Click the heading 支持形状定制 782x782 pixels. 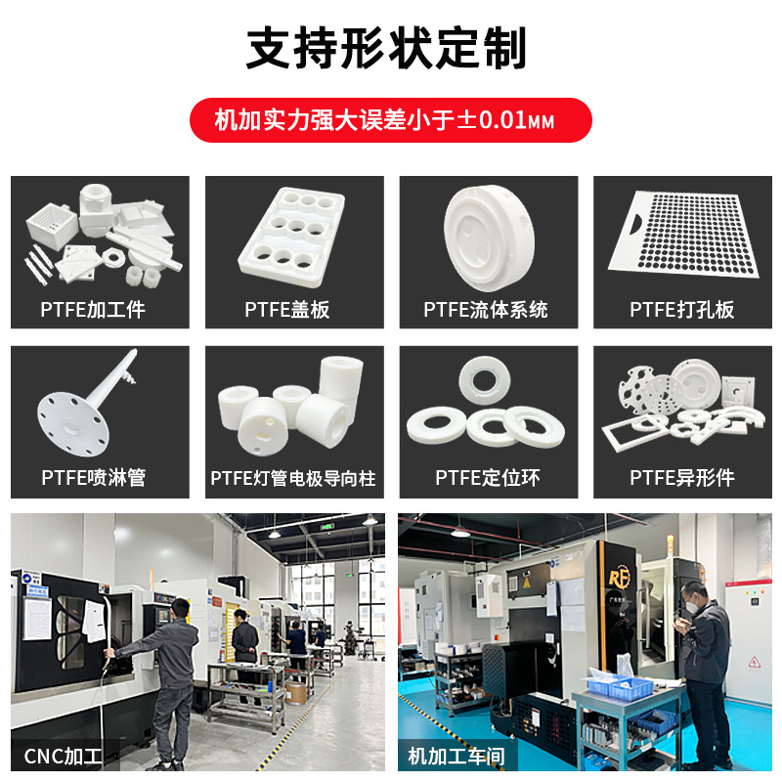(386, 48)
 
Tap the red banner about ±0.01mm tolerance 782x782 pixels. (390, 120)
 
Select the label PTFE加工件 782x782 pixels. (93, 310)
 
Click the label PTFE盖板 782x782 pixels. (287, 310)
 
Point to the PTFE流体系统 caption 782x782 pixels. (486, 310)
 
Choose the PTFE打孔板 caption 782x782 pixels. (681, 310)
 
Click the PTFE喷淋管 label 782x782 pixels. (94, 478)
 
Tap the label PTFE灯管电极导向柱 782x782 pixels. (293, 478)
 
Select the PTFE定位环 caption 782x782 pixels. (487, 478)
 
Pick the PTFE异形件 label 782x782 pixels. (681, 478)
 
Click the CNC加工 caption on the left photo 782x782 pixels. (64, 756)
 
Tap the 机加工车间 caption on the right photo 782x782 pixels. (456, 756)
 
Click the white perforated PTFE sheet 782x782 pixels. (683, 235)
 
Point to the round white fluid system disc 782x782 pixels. (489, 238)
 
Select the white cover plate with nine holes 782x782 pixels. (291, 237)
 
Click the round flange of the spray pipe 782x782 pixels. (72, 424)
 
